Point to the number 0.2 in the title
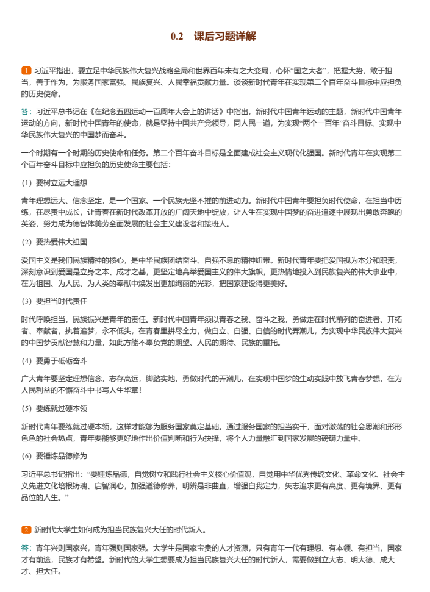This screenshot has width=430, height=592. (177, 37)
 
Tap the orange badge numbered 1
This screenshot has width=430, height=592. (26, 71)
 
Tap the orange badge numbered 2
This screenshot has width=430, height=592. (26, 529)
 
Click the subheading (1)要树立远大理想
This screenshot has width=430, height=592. (54, 182)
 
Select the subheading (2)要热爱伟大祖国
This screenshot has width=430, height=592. (54, 242)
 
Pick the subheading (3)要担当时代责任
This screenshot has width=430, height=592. (54, 301)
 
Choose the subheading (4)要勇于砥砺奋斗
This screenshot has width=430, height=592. (54, 361)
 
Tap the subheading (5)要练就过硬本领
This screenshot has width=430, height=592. (54, 408)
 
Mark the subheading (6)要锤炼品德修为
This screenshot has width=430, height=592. (54, 455)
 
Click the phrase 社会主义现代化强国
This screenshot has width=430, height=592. (289, 153)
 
